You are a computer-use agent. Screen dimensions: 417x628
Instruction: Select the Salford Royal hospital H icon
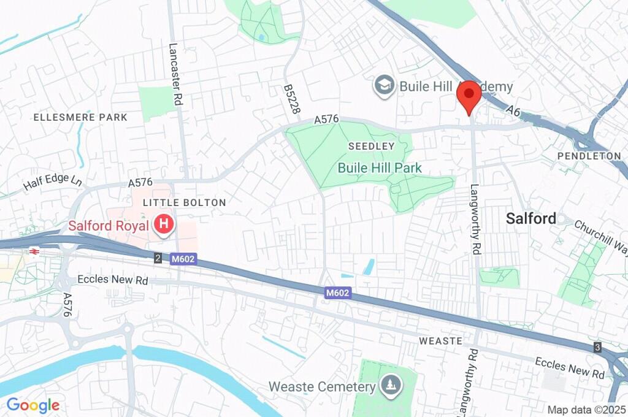[x=164, y=225]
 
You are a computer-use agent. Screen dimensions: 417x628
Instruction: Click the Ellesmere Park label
[x=80, y=117]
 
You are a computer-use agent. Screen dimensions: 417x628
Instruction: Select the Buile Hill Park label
[x=380, y=167]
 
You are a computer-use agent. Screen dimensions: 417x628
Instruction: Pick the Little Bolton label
[x=184, y=202]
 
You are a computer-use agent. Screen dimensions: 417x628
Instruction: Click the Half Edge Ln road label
[x=52, y=183]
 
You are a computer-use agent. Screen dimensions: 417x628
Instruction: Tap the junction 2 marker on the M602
[x=158, y=259]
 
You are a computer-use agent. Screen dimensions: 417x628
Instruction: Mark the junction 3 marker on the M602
[x=597, y=348]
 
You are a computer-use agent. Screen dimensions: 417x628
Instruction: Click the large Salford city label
[x=531, y=218]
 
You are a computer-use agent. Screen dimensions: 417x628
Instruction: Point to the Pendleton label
[x=589, y=156]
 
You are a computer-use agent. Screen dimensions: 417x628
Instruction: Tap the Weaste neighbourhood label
[x=440, y=340]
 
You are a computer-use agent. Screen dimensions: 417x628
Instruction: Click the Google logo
[x=33, y=405]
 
